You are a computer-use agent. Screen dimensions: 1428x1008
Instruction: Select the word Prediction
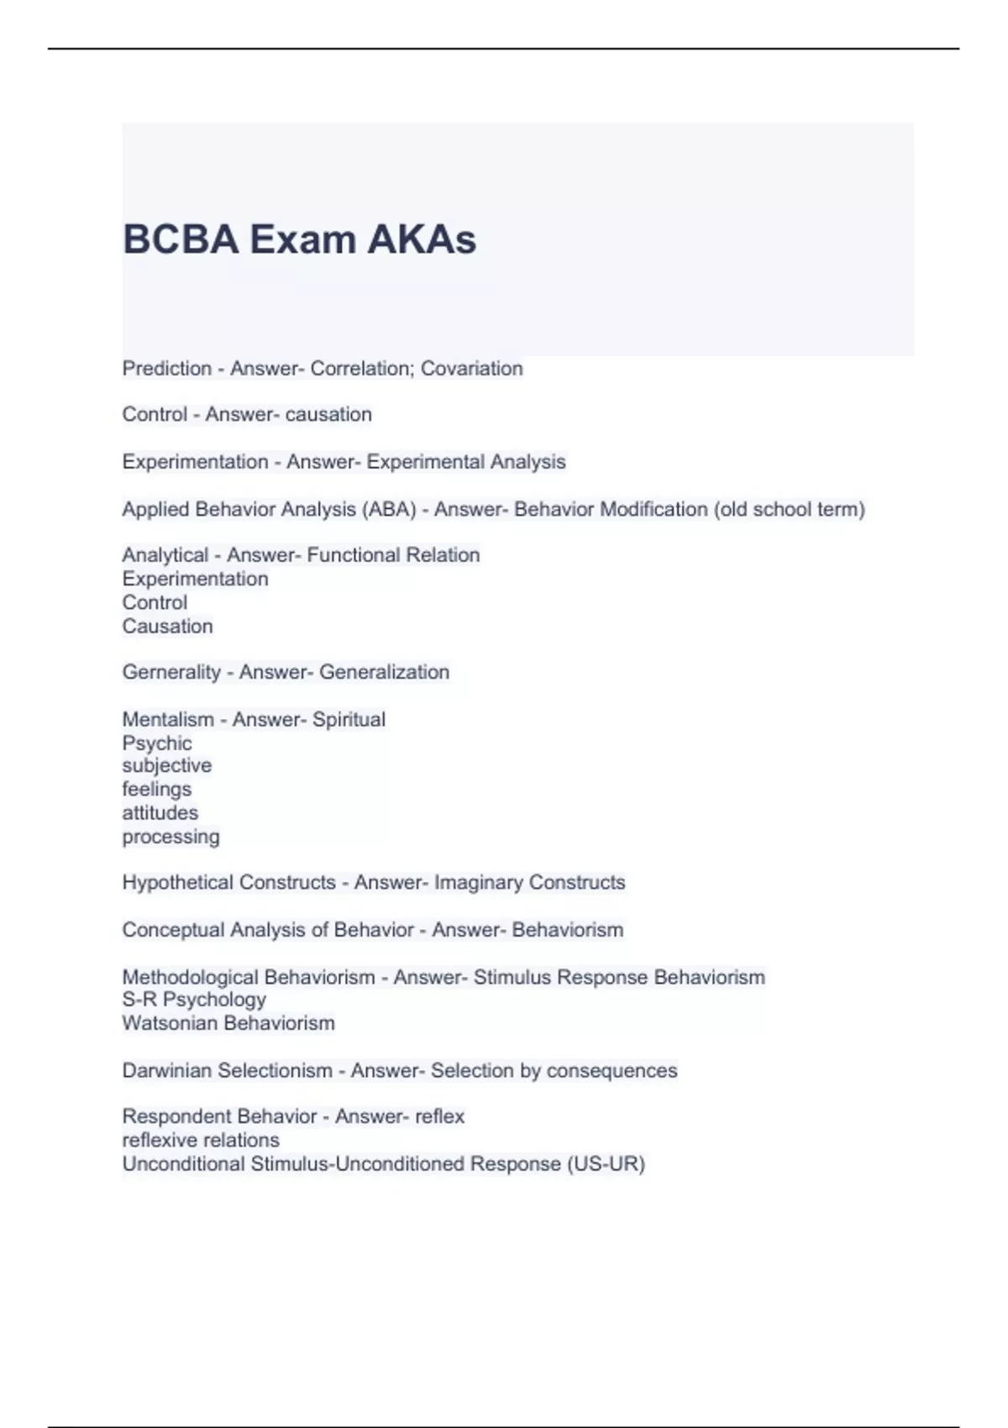[166, 369]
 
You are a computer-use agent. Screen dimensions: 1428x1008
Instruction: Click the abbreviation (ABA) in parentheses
[389, 510]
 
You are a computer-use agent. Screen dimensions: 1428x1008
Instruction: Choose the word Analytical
[165, 555]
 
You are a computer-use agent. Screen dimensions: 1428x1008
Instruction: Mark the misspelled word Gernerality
[171, 673]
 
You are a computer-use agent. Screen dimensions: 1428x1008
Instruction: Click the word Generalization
[384, 673]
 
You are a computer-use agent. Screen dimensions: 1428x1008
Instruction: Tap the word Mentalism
[168, 720]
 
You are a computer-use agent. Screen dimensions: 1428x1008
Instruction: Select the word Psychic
[157, 743]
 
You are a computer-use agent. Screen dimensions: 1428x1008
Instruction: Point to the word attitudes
[160, 813]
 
